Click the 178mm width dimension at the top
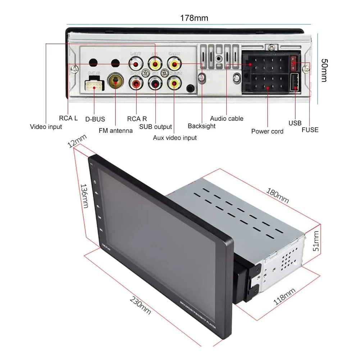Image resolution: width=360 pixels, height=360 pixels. coord(194,18)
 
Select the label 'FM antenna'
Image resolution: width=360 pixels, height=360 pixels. coord(115,131)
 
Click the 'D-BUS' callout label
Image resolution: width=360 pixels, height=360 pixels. coord(95,119)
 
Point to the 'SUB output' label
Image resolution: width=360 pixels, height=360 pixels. coord(155,127)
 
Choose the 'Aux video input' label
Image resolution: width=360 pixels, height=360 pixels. coord(175,138)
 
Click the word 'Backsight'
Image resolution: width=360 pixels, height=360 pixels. coord(201,126)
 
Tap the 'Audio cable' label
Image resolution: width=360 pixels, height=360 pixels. coord(227,118)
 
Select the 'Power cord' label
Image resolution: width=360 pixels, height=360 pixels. coord(267,131)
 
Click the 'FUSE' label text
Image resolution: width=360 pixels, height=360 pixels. coord(310,130)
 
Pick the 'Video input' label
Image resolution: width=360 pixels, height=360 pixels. coord(46,127)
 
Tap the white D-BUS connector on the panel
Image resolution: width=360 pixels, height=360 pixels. coord(94,85)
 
